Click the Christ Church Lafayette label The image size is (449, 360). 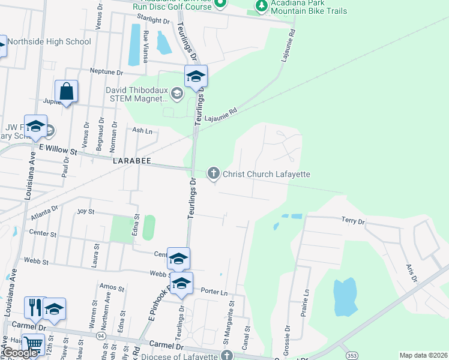coord(266,174)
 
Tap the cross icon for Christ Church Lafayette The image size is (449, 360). coord(213,174)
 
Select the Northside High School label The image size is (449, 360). coord(50,42)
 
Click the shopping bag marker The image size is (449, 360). coord(66,92)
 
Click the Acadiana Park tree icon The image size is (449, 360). coord(261,6)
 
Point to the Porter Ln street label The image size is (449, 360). coord(215,293)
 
